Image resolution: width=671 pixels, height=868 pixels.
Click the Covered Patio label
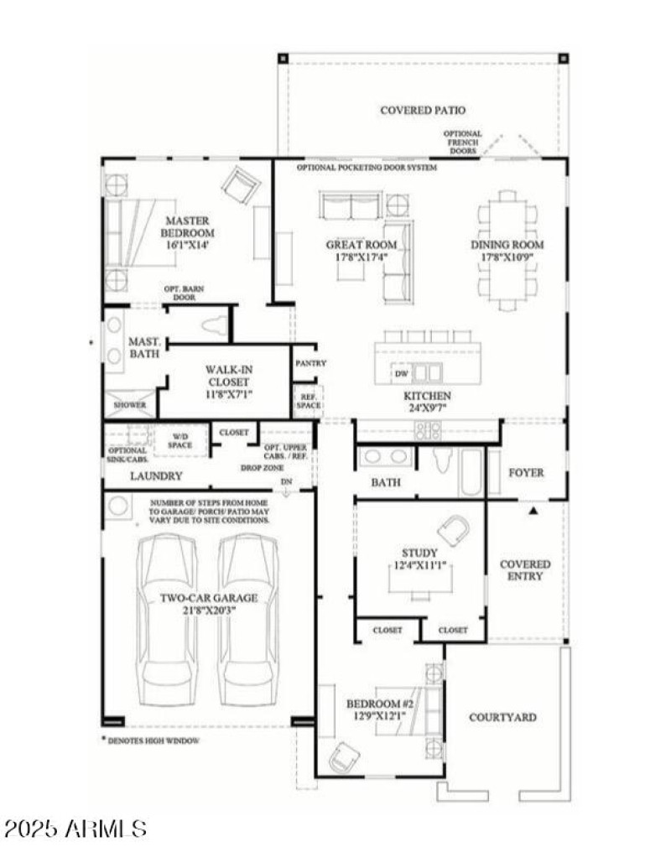(422, 110)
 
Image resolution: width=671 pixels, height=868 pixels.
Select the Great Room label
(361, 245)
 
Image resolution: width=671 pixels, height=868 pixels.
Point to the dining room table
(507, 251)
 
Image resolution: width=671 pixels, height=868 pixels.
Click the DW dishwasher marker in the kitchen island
(401, 372)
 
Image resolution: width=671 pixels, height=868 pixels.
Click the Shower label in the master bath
(131, 405)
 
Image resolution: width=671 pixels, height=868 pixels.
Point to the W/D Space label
(181, 440)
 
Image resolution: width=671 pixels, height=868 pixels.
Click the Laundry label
(156, 476)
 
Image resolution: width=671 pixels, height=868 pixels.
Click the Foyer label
(526, 472)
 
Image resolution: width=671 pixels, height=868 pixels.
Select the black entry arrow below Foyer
(532, 509)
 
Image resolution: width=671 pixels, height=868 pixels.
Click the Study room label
(419, 553)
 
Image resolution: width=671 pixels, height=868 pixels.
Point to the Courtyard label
(502, 717)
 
